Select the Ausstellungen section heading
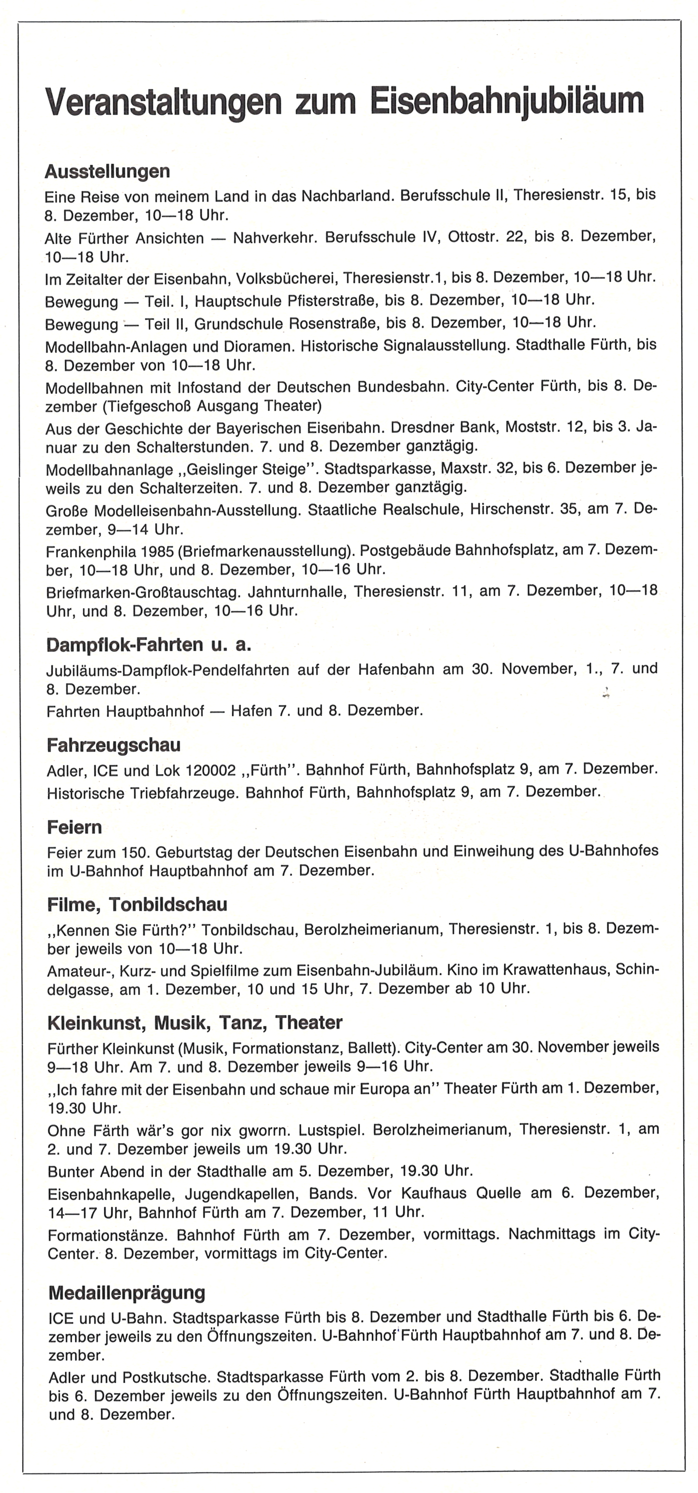tap(107, 172)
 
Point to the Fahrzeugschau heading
tap(114, 745)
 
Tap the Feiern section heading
tap(74, 827)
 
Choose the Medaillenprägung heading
tap(127, 1292)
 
